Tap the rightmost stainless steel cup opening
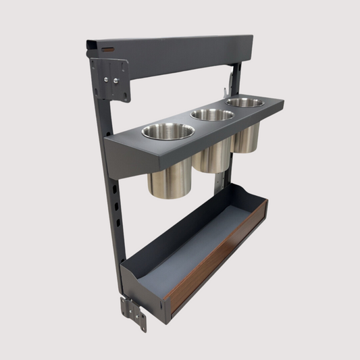click(x=245, y=102)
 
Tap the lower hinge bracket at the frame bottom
click(x=134, y=313)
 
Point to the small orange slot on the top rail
click(x=107, y=49)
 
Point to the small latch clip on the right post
click(x=230, y=82)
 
